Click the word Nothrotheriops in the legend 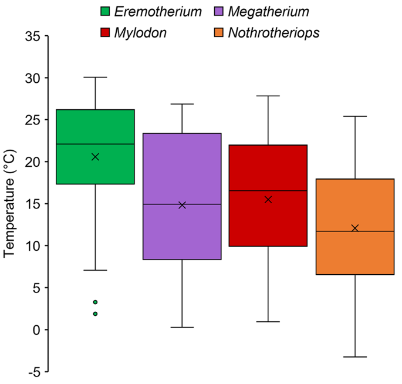click(273, 33)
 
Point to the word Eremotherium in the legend click(159, 12)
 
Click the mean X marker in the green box click(95, 157)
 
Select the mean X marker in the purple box click(182, 205)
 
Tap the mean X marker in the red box click(268, 200)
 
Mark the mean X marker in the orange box click(354, 228)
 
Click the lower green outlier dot click(95, 314)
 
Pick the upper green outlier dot click(95, 302)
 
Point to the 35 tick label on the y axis click(33, 36)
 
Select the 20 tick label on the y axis click(33, 162)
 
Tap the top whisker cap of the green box click(95, 77)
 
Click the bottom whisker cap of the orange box click(354, 357)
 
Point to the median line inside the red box click(268, 191)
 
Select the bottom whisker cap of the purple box click(182, 327)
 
